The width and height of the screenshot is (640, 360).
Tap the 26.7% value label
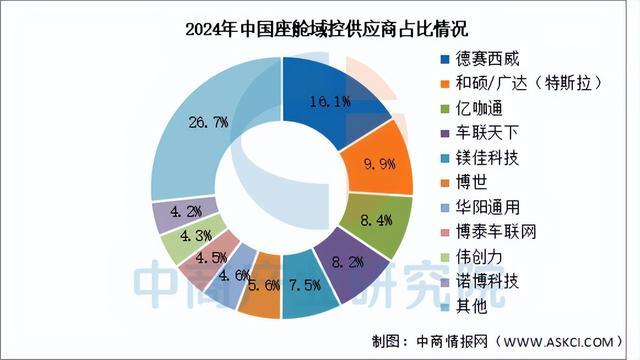click(206, 121)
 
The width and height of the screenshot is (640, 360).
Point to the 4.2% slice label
click(186, 212)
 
